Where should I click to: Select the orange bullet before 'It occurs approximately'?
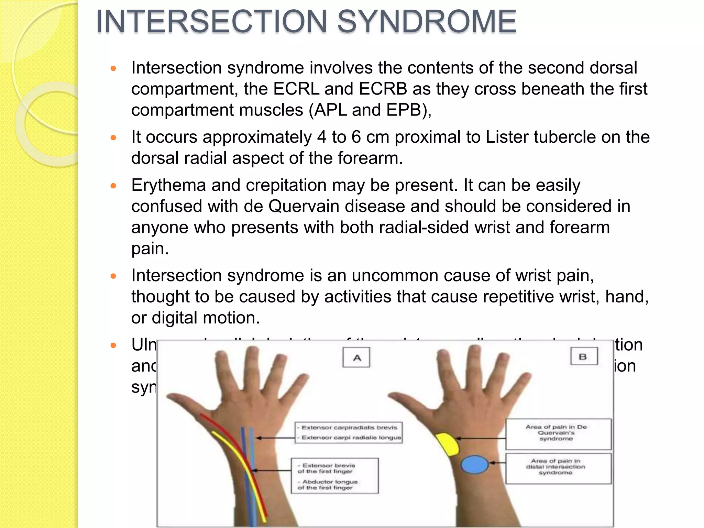[x=113, y=138]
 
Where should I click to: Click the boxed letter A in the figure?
[x=356, y=357]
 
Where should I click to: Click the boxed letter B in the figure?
[x=584, y=356]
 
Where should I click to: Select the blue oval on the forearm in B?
[x=474, y=464]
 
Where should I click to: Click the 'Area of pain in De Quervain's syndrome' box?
[x=558, y=433]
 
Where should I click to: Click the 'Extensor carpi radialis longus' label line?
[x=351, y=438]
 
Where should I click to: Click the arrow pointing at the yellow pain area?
[x=481, y=438]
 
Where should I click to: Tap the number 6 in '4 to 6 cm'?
[x=356, y=137]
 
